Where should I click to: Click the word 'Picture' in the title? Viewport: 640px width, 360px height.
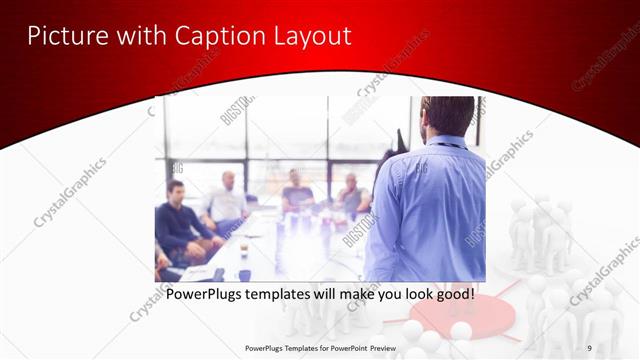tap(62, 36)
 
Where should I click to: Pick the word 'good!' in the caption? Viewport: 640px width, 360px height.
tap(451, 295)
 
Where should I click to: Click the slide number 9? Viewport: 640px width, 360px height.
tap(589, 347)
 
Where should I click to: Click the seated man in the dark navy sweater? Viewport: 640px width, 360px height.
tap(177, 220)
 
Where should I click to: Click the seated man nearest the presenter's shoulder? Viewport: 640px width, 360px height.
tap(351, 195)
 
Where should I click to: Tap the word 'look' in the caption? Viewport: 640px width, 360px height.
tap(409, 295)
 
